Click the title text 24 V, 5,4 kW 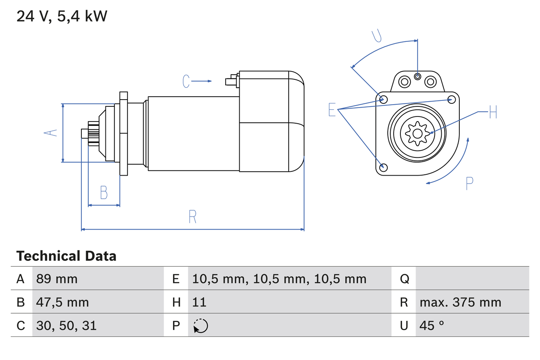tap(62, 16)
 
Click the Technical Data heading tap(66, 256)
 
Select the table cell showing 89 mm tap(57, 279)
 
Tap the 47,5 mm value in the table tap(62, 302)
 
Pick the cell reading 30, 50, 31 tap(66, 325)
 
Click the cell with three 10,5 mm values tap(279, 279)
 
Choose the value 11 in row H tap(199, 302)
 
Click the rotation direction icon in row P tap(200, 326)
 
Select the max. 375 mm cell tap(460, 302)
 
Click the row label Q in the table tap(404, 279)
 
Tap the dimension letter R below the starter tap(192, 217)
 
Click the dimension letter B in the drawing tap(104, 193)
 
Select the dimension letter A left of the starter tap(51, 133)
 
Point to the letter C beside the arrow tap(186, 81)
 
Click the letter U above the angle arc tap(377, 36)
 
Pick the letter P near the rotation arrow tap(469, 183)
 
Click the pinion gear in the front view tap(417, 134)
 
